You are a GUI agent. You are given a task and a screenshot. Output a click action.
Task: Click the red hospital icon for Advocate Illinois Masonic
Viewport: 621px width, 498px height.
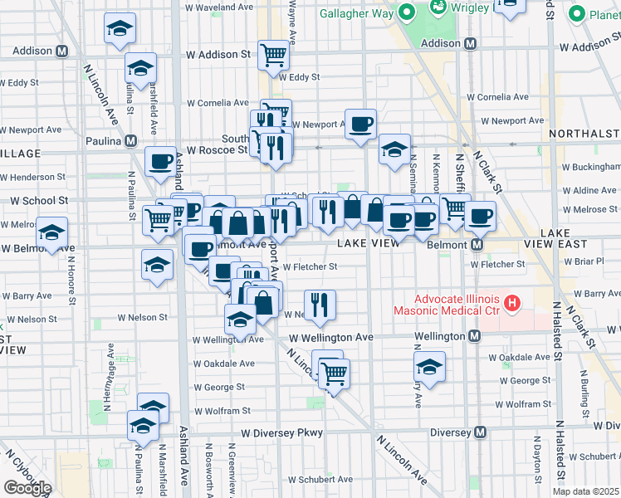point(511,304)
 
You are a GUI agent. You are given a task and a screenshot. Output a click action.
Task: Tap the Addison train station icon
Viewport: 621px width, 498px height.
point(471,43)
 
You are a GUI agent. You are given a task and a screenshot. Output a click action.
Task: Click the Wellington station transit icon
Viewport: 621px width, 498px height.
point(474,336)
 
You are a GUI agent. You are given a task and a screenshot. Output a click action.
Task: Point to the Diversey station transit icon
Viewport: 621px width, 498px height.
point(481,432)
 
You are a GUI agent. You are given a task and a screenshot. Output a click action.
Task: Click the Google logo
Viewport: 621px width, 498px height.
point(27,488)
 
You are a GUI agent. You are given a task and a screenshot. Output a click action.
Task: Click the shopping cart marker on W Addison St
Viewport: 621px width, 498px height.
point(273,56)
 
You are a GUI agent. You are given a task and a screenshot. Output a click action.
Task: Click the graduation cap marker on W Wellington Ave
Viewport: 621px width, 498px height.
point(240,320)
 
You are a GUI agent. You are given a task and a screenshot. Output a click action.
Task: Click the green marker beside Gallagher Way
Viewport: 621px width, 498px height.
point(407,12)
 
